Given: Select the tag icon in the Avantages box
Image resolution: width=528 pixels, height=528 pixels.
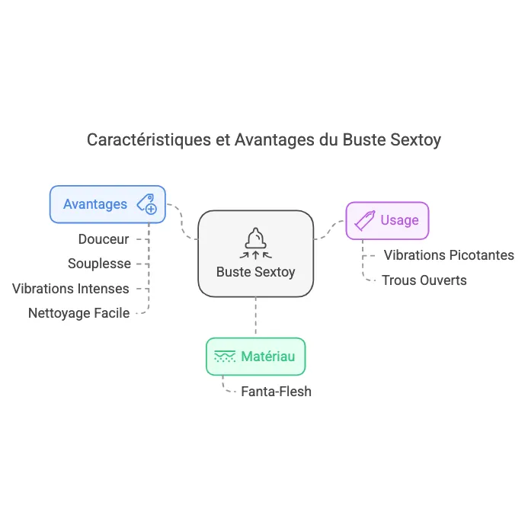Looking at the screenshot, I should coord(146,204).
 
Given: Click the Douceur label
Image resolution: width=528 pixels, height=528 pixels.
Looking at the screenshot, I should coord(104,239).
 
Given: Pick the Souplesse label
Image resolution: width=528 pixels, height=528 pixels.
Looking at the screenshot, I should coord(99,264).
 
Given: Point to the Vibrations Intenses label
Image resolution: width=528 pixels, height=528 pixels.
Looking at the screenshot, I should coord(71,289).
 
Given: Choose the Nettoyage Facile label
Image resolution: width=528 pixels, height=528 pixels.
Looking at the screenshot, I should coord(78,312).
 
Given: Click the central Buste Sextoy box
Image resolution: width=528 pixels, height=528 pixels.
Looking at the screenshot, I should coord(255,254).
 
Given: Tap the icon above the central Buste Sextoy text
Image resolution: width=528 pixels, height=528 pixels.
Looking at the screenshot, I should coord(255,239).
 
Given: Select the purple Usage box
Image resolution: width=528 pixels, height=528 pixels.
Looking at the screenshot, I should coord(387,220).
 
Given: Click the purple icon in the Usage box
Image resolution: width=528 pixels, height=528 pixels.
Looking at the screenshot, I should coord(365,220).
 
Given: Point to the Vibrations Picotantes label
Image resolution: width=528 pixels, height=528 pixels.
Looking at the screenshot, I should coord(449,255).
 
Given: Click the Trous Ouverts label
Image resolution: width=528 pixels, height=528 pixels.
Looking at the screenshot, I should coord(424,280).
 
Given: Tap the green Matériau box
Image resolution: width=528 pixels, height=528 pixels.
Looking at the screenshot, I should coord(255,356).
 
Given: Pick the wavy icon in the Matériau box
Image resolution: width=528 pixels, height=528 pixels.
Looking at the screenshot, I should coord(225,356).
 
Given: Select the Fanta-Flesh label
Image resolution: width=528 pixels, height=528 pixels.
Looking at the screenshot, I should coord(276,392).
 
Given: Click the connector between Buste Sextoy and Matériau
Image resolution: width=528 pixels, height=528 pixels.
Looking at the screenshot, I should coord(255,317).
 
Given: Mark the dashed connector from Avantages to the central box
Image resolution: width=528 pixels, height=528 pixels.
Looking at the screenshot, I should coord(183,222).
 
